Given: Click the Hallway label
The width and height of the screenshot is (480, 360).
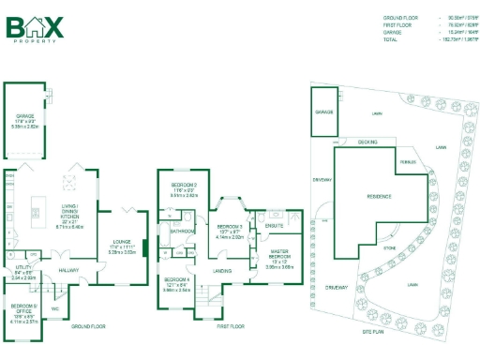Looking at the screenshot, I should point(66,272).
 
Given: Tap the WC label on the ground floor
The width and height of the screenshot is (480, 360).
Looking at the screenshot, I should point(55,308).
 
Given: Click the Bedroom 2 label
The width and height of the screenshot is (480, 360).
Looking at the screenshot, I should point(183,187).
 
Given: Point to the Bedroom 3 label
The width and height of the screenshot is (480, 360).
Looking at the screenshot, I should point(230,228).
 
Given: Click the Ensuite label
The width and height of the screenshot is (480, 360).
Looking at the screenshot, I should point(275,226).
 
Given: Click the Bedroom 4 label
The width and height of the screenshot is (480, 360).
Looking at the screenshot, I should point(177,280).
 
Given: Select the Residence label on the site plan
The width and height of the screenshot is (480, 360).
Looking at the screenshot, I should point(373,197).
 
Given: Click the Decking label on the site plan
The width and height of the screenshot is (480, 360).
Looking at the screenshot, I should point(367,142).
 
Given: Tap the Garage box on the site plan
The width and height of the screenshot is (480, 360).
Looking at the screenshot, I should point(324,112).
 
